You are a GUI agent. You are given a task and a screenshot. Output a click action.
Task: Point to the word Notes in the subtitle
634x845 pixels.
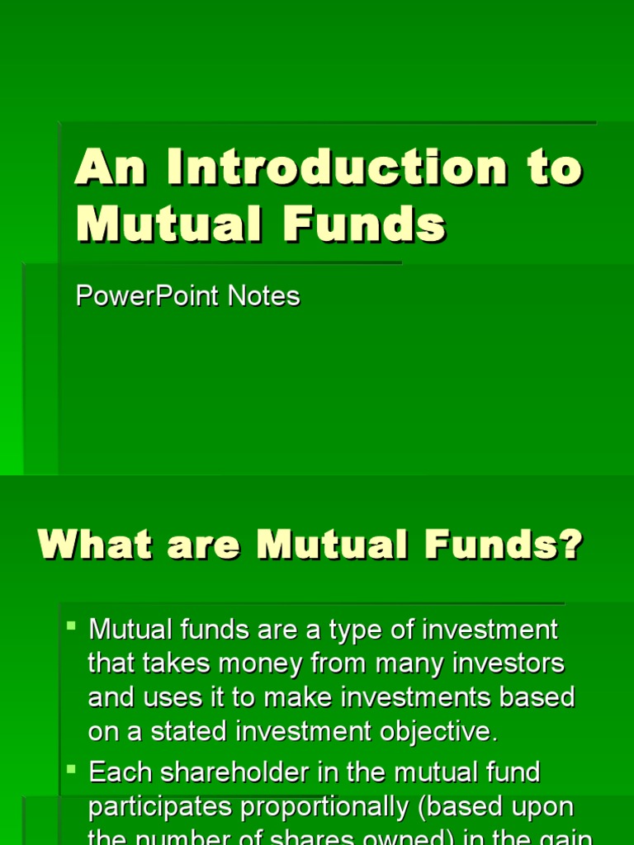pyautogui.click(x=262, y=296)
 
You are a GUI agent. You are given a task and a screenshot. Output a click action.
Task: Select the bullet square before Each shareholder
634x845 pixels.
pyautogui.click(x=72, y=768)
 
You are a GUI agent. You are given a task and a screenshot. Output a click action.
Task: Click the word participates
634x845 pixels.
pyautogui.click(x=154, y=807)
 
